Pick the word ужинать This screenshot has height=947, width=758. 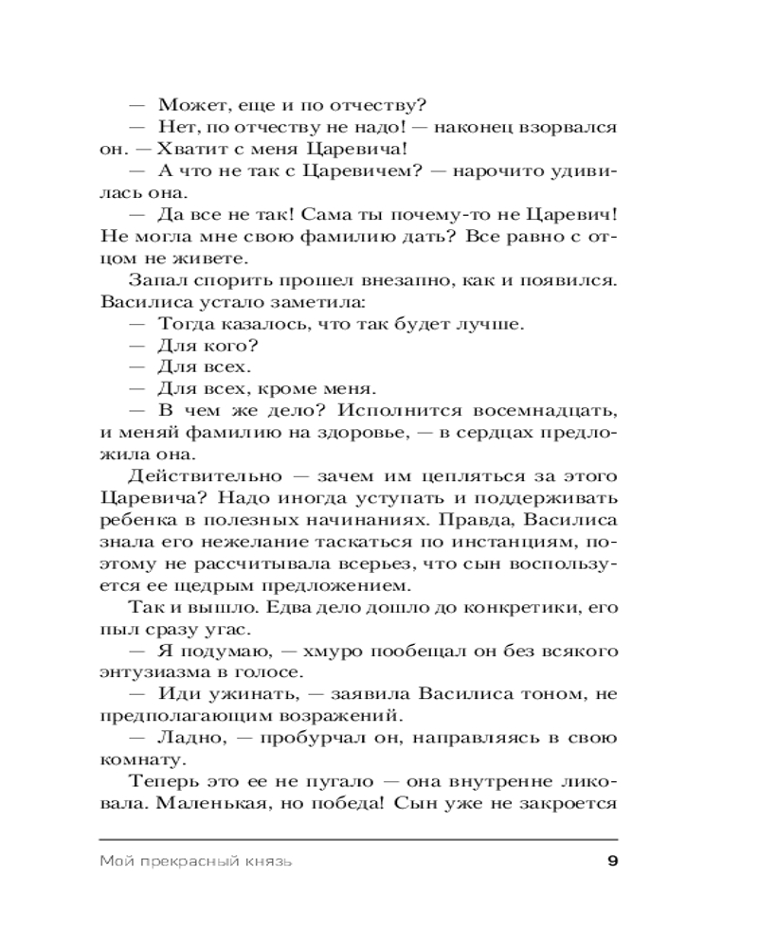click(243, 694)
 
